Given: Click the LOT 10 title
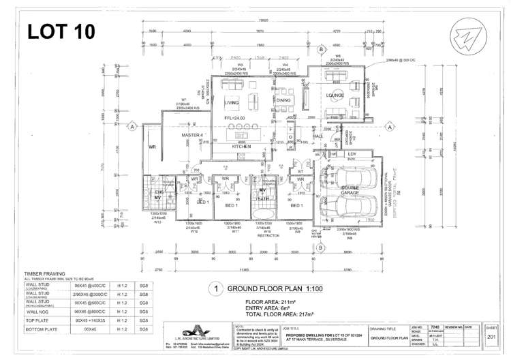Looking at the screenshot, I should click(61, 31).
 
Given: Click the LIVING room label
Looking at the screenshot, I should click(231, 103).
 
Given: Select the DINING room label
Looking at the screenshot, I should click(283, 100).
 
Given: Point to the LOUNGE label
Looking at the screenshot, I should click(335, 95).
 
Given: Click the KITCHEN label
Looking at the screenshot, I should click(242, 147).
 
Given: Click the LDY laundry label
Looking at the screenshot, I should click(352, 154).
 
